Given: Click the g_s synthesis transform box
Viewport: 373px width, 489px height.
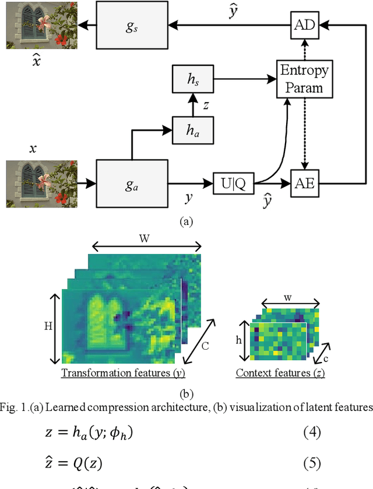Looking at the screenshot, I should tap(133, 24).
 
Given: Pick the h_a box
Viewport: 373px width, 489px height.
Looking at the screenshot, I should tap(193, 130).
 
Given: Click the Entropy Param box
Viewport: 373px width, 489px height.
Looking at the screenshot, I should tap(304, 80).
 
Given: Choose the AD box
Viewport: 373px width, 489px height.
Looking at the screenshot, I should tap(304, 24).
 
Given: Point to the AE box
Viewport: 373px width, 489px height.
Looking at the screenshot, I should tap(304, 183).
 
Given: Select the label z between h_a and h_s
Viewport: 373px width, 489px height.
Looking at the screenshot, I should tap(205, 105).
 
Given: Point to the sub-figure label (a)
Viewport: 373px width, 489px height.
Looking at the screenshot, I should tap(186, 221).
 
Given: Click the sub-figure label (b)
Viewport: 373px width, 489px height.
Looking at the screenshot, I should tap(186, 394).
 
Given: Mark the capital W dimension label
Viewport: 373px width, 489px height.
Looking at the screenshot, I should tap(143, 238).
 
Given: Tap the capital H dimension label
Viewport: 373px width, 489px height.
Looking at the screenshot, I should tap(48, 326).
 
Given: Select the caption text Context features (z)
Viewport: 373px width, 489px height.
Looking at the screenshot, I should tap(280, 373).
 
